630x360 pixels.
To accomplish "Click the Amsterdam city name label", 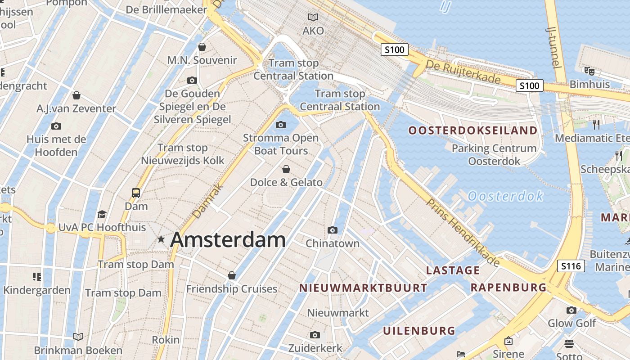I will coord(228,240).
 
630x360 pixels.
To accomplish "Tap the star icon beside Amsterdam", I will coord(161,239).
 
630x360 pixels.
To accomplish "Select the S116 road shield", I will coord(571,266).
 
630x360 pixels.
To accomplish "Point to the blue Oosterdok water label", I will coord(505,196).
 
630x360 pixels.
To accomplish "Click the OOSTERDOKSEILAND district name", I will coord(472,131).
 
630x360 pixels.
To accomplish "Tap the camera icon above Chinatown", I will coord(333,230).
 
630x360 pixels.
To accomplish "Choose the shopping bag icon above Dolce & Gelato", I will coord(286,169).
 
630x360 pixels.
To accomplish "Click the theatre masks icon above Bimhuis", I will coord(589,71).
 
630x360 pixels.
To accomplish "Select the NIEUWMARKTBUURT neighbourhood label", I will coord(363,288).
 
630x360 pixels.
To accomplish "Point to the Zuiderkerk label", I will coord(315,348).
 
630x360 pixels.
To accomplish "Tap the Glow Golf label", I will coord(571,323).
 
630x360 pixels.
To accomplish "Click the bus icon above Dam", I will coord(136,193).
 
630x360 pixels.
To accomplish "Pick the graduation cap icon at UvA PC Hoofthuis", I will coord(102,214).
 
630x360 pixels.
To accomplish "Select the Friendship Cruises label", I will coord(232,289).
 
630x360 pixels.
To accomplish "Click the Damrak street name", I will coord(207,202).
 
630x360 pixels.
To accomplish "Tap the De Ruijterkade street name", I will coord(463,72).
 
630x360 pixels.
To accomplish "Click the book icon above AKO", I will coord(313,17).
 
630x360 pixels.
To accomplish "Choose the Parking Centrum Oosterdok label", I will coord(494,154).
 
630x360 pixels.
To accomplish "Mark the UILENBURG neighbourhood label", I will coord(419,331).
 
